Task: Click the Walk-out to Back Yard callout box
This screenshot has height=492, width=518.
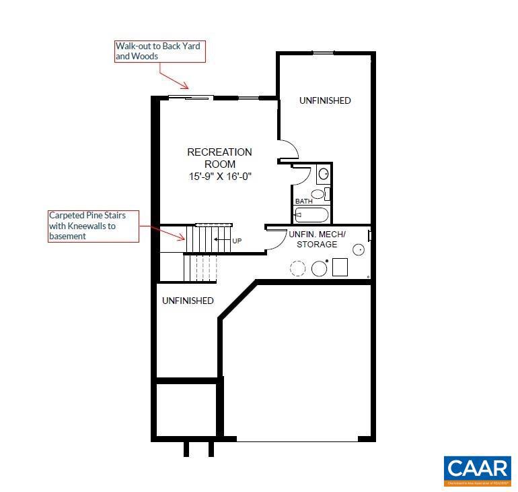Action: coord(159,51)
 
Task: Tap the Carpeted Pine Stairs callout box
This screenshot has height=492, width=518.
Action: coord(94,226)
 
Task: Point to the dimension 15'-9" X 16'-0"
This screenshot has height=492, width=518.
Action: coord(219,176)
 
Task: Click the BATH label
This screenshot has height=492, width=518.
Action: coord(303,202)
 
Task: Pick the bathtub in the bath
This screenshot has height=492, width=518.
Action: coord(312,215)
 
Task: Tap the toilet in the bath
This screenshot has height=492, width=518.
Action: coord(319,194)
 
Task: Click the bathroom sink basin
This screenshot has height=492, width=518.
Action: coord(323,173)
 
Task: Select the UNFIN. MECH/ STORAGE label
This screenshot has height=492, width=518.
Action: coord(317,239)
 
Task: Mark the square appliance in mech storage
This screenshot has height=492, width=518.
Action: coord(340,268)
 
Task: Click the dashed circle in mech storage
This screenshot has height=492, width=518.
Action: coord(297,268)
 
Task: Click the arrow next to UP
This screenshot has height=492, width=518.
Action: coord(221,239)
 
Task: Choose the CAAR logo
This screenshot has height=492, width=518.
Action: coord(477,471)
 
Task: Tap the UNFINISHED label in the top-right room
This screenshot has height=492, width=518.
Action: coord(325,100)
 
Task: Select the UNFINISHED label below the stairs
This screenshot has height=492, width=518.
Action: coord(188,301)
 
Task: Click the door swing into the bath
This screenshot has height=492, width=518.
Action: coord(301,173)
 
